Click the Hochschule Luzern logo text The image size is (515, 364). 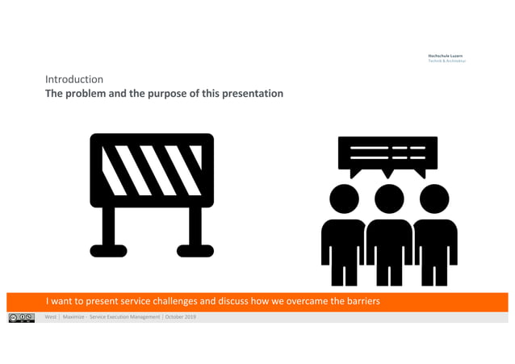tap(445, 56)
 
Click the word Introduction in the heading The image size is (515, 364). tap(74, 80)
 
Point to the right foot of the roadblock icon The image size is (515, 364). tap(195, 249)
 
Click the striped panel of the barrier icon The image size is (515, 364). tap(152, 170)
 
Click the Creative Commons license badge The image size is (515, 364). tap(22, 317)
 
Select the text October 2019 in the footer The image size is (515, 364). tap(181, 317)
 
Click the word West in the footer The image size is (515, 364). tap(51, 317)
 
